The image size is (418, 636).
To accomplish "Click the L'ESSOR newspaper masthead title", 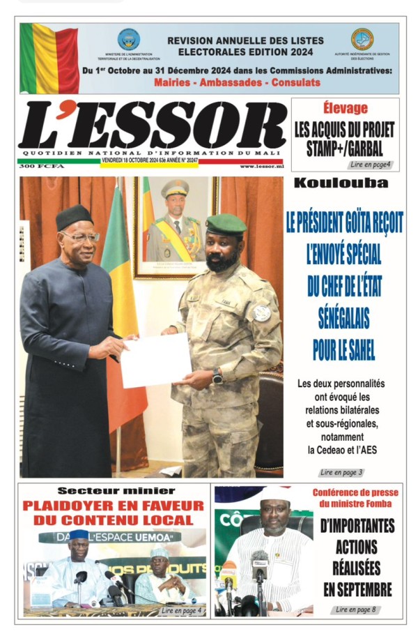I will [x=152, y=126].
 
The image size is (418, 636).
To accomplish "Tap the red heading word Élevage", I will [x=346, y=109].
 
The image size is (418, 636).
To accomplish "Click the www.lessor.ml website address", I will [x=261, y=166].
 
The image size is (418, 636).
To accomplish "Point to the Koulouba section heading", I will [x=341, y=183].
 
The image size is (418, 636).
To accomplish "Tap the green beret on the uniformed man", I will [x=226, y=225].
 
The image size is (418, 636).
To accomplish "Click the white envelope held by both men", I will [x=155, y=360].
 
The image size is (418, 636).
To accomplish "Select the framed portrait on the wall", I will [x=176, y=227].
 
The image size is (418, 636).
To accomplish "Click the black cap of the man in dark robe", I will [x=75, y=217].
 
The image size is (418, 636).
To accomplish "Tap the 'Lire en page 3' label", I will [x=341, y=472].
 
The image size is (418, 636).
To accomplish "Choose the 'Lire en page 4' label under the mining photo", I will [x=182, y=611].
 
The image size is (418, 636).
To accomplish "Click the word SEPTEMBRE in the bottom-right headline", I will [x=357, y=590].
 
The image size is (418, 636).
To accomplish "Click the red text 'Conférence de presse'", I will [x=355, y=492].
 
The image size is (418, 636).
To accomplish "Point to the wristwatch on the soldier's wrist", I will [x=217, y=377].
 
